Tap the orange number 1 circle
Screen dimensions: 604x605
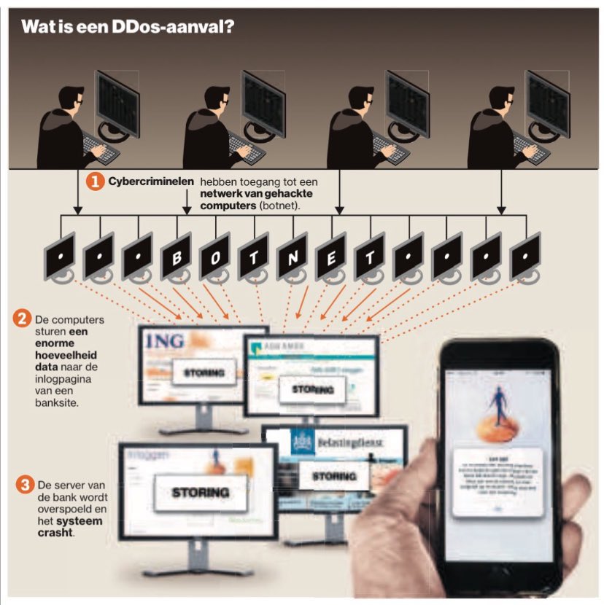(x=96, y=181)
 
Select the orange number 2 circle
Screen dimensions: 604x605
(x=22, y=319)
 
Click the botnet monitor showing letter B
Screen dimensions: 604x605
(x=176, y=257)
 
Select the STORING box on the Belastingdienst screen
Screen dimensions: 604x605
(x=335, y=476)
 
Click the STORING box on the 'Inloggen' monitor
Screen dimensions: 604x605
(x=199, y=493)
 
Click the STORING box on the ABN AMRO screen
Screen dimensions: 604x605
(x=312, y=389)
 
